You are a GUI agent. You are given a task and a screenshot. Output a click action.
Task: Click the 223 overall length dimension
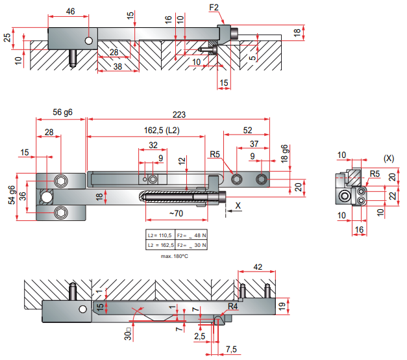(179, 114)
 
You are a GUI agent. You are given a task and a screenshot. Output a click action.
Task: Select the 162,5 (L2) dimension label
(162, 131)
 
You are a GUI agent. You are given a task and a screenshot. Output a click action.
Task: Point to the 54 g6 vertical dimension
(12, 196)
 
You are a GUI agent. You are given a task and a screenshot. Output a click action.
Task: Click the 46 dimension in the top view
(70, 12)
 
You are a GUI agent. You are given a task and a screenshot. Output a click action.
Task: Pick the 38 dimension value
(117, 66)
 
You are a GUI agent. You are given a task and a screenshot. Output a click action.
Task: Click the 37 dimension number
(254, 144)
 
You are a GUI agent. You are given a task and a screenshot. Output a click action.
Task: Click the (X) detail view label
(389, 158)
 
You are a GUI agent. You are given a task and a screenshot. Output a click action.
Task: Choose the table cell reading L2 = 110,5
(160, 235)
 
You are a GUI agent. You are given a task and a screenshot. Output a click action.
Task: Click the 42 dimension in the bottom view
(257, 266)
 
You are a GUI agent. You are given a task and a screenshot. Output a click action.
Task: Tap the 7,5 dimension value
(230, 350)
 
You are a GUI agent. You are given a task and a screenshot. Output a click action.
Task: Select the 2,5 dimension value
(200, 337)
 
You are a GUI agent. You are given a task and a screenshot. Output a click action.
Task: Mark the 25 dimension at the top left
(7, 38)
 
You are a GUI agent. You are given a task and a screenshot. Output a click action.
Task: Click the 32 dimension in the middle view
(153, 145)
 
